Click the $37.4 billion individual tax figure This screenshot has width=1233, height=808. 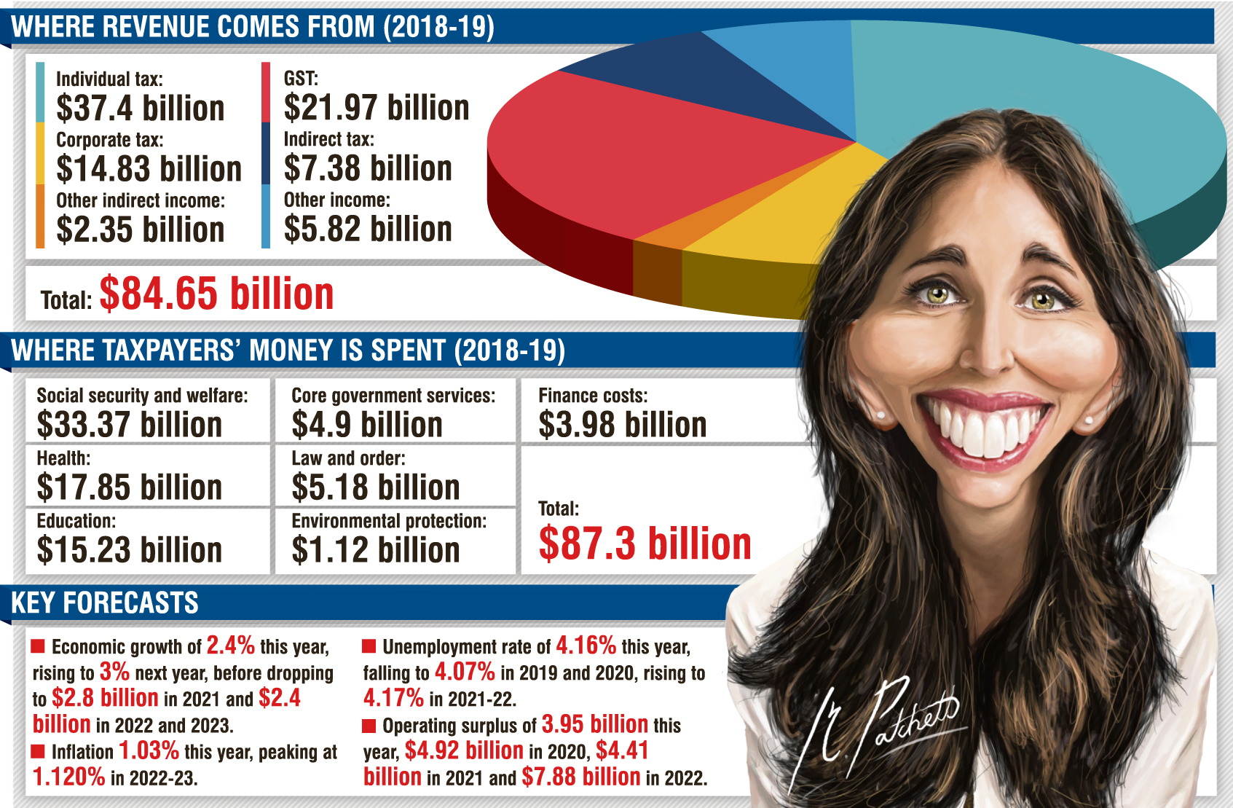click(140, 109)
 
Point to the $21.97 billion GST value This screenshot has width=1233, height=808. click(376, 108)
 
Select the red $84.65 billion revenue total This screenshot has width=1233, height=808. click(216, 294)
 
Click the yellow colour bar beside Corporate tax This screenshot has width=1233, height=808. click(40, 153)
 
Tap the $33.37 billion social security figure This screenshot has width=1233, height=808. click(129, 425)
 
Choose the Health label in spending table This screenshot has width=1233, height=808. click(63, 458)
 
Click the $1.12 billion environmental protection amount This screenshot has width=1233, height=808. click(375, 550)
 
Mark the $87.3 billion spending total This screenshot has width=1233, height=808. click(645, 544)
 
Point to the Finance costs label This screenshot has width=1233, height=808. click(592, 396)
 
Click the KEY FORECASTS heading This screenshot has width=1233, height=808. click(105, 603)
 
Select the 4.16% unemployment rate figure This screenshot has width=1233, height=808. click(586, 646)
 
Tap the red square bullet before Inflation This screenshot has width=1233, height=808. click(39, 751)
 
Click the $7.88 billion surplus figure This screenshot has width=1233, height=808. click(580, 777)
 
